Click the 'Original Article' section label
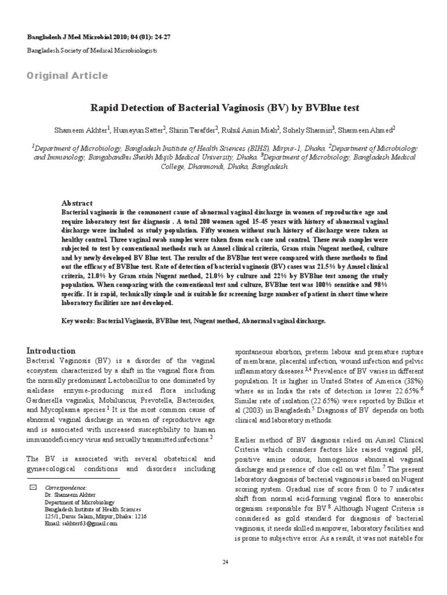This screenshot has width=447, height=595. (x=68, y=76)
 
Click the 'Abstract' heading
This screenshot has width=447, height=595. (x=77, y=203)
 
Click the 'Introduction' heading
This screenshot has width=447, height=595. (x=51, y=351)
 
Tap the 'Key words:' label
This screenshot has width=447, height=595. (x=79, y=321)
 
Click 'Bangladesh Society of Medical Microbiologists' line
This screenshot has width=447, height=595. (x=92, y=51)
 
